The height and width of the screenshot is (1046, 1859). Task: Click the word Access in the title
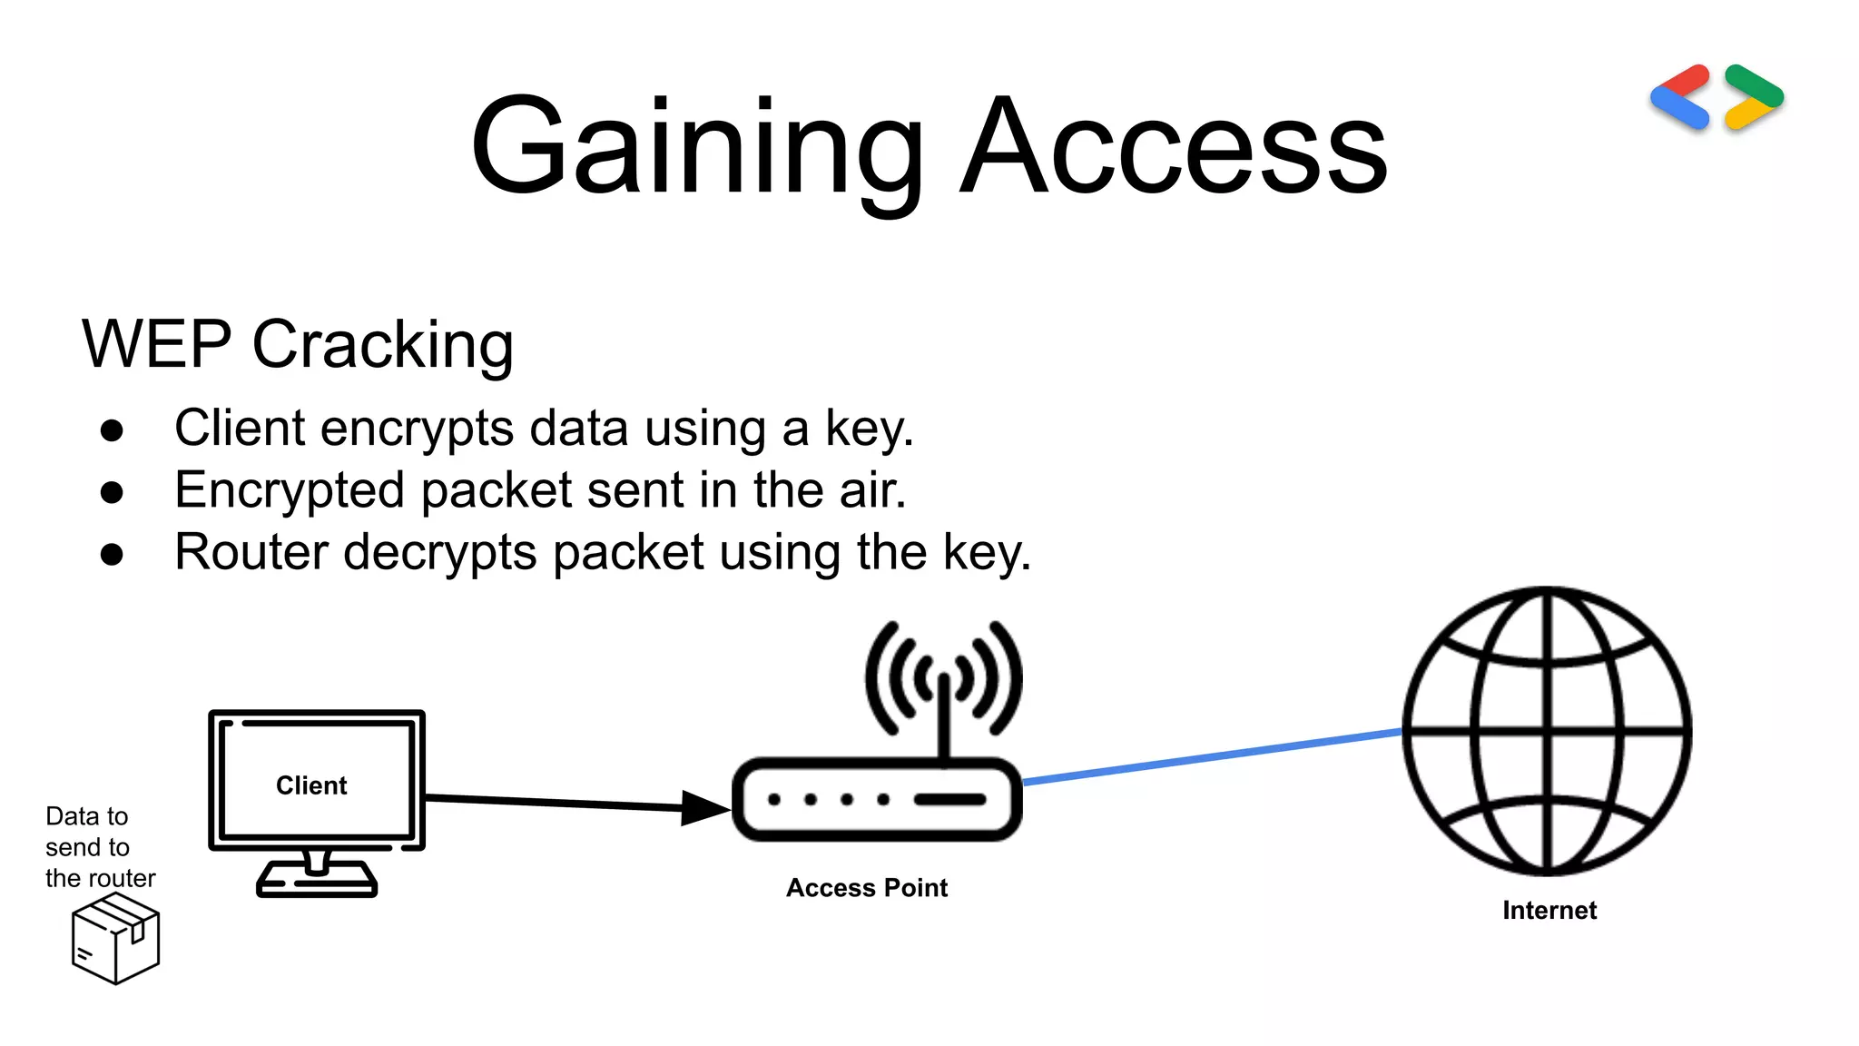(x=1174, y=148)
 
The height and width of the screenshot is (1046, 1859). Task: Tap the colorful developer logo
(x=1716, y=97)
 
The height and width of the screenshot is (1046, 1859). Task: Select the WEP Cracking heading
(x=298, y=345)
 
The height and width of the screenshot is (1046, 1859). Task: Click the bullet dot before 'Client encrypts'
(x=112, y=430)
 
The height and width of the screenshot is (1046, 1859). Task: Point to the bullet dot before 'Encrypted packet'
(x=112, y=492)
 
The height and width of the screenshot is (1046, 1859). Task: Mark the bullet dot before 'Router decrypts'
(x=112, y=554)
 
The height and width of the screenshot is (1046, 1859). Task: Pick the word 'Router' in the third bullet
(x=251, y=552)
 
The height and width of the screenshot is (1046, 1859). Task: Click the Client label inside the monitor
(x=311, y=785)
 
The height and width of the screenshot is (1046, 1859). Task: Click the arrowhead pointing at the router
(x=704, y=807)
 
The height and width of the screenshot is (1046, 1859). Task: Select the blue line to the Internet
(x=1212, y=755)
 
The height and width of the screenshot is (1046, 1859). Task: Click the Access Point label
(x=867, y=888)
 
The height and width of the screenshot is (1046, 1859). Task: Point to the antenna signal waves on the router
(x=944, y=676)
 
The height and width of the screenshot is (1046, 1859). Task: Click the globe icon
(x=1547, y=731)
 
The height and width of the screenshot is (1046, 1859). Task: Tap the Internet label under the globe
(x=1549, y=911)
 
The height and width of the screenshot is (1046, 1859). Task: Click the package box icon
(x=115, y=938)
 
